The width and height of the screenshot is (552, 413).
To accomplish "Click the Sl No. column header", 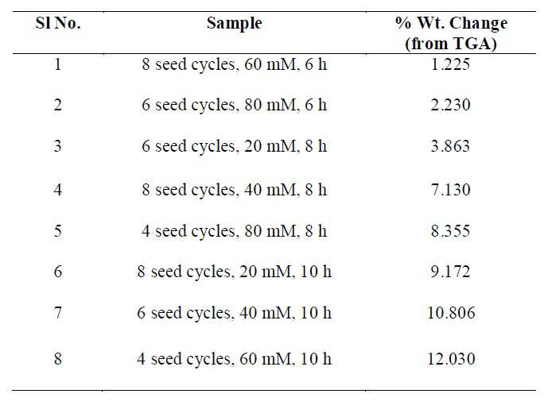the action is pyautogui.click(x=58, y=23).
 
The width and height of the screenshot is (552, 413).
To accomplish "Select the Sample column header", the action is pyautogui.click(x=235, y=24).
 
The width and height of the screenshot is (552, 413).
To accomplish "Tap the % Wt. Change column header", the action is pyautogui.click(x=451, y=33).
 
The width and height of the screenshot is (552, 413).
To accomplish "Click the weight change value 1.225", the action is pyautogui.click(x=451, y=64).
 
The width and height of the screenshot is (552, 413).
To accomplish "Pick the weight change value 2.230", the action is pyautogui.click(x=451, y=105).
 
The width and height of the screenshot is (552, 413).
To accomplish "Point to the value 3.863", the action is pyautogui.click(x=451, y=146).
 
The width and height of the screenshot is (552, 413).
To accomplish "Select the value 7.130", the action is pyautogui.click(x=451, y=190).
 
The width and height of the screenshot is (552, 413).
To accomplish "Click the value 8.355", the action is pyautogui.click(x=451, y=231).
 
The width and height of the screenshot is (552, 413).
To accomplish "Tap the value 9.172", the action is pyautogui.click(x=451, y=272).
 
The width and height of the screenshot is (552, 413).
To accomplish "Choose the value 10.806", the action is pyautogui.click(x=451, y=312).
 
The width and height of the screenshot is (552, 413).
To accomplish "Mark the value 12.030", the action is pyautogui.click(x=451, y=359).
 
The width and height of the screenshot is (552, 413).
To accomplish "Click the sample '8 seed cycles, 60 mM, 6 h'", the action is pyautogui.click(x=235, y=65).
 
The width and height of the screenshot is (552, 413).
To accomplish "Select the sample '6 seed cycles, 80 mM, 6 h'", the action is pyautogui.click(x=235, y=106).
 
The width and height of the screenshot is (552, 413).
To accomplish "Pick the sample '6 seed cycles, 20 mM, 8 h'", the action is pyautogui.click(x=235, y=147).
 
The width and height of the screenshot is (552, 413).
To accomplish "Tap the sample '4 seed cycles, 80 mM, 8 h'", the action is pyautogui.click(x=235, y=232).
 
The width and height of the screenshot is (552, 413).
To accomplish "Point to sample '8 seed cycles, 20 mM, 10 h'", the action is pyautogui.click(x=235, y=272).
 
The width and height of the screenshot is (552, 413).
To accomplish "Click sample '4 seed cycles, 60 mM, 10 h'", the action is pyautogui.click(x=235, y=360).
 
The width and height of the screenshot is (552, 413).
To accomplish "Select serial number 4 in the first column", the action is pyautogui.click(x=58, y=190).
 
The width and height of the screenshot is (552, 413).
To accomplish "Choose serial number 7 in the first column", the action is pyautogui.click(x=58, y=312).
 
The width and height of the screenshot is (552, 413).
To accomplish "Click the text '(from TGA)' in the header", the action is pyautogui.click(x=451, y=44).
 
